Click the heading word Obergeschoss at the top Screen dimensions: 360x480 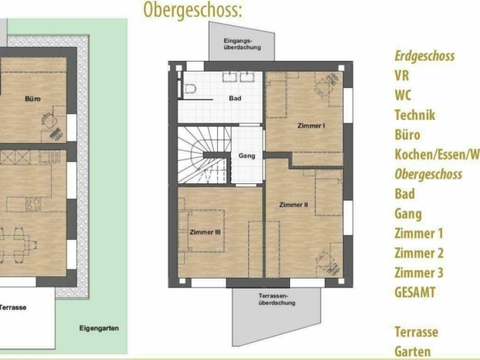(x=192, y=10)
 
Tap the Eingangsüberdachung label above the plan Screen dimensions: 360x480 (x=242, y=44)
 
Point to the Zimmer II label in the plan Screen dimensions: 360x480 (x=293, y=205)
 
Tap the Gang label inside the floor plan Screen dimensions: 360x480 (x=247, y=155)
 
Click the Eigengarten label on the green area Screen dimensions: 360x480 (x=99, y=327)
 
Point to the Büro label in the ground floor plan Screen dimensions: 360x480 (x=33, y=99)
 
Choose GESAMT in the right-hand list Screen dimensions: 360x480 (x=415, y=292)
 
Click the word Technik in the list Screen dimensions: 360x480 (x=415, y=115)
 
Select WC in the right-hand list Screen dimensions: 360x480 (x=404, y=95)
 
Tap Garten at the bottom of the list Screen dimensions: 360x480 (x=413, y=351)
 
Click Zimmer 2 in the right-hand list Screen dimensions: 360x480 (x=418, y=252)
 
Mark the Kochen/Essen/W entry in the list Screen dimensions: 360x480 (x=436, y=155)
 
